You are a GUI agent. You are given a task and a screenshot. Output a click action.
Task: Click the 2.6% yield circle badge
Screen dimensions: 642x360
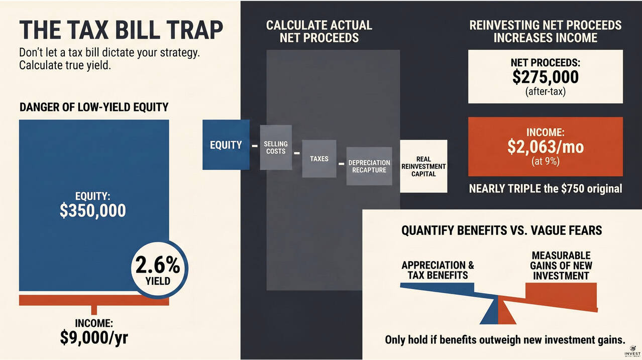point(159,270)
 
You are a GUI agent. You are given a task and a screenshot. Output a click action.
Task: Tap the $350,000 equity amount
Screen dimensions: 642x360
point(92,210)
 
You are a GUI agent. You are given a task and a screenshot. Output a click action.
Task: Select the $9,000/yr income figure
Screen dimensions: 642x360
point(94,338)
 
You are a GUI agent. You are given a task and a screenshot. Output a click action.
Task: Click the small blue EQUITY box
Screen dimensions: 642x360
point(226,145)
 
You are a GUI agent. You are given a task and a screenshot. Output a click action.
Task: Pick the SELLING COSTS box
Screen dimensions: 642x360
point(276,148)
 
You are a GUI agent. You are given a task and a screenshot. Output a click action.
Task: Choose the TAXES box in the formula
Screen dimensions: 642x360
point(319,159)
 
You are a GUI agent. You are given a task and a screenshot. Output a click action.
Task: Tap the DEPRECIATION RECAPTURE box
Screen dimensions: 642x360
point(369,166)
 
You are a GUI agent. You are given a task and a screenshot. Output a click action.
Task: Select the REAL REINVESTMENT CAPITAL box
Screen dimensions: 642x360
point(423,166)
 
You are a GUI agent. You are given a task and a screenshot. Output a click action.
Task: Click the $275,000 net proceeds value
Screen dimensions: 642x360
point(546,77)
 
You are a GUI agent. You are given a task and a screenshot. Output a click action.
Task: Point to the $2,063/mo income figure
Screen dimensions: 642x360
point(546,147)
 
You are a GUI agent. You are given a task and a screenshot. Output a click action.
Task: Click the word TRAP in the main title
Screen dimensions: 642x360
point(194,30)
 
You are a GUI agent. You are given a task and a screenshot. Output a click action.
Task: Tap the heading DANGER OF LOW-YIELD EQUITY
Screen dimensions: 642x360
point(94,107)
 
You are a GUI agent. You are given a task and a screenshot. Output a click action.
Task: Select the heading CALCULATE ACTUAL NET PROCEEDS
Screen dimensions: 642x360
point(319,32)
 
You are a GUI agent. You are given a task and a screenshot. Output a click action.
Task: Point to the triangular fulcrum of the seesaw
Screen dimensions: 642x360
point(498,311)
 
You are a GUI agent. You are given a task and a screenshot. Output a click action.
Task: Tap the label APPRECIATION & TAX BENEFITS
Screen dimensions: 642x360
point(438,270)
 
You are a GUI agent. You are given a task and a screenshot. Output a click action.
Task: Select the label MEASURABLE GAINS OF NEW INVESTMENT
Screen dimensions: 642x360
point(561,266)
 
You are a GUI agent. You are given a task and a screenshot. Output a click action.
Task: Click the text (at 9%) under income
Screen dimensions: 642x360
point(546,161)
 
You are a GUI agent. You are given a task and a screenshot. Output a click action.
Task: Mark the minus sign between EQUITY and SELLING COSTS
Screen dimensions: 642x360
point(255,146)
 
